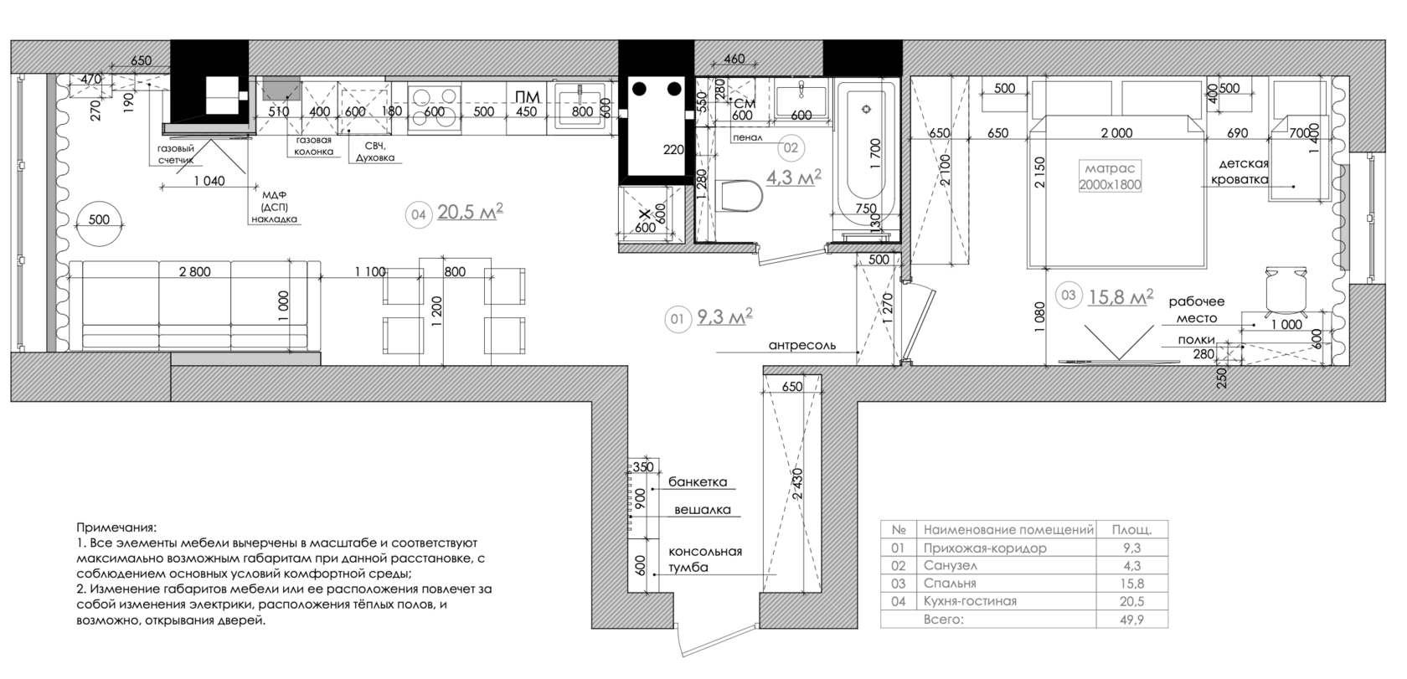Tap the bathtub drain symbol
(867, 110)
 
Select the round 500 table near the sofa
(99, 220)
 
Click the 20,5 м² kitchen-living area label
(471, 212)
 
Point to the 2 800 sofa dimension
(194, 271)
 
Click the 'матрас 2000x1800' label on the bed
(1110, 177)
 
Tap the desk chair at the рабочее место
(1286, 289)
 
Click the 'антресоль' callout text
(802, 345)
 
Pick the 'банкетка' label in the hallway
(698, 481)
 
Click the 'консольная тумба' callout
(705, 559)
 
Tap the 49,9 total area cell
(1132, 620)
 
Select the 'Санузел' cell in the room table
(951, 565)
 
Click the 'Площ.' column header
(1132, 529)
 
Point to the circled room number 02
(791, 147)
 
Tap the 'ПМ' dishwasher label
(528, 96)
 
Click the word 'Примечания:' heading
(116, 527)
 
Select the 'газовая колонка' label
(313, 146)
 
